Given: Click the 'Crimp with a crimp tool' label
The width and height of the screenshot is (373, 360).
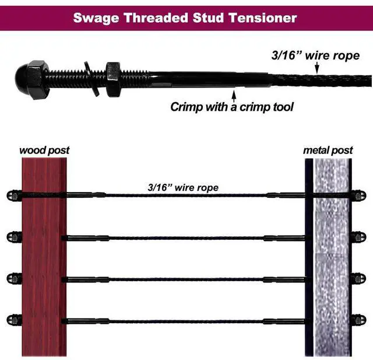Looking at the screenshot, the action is click(x=232, y=107).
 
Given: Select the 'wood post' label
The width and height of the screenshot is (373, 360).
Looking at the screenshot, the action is click(x=44, y=151).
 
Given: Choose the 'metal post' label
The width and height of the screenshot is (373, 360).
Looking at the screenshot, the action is click(x=328, y=151).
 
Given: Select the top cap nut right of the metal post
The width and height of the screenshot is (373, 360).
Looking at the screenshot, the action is click(x=360, y=195).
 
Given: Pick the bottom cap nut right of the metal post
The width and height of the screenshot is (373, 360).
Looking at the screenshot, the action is click(x=360, y=320).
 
